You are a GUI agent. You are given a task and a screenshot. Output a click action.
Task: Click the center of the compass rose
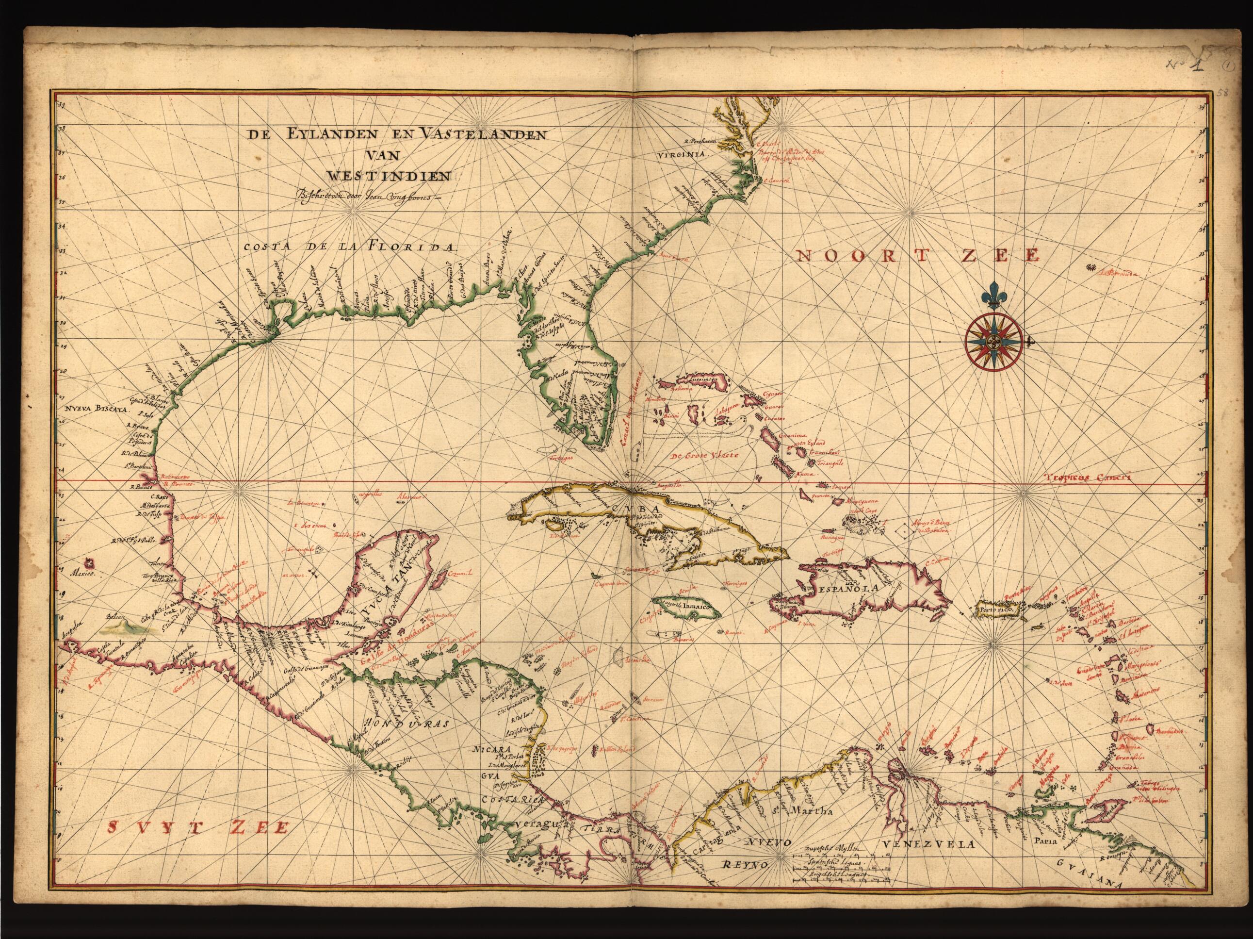(x=993, y=341)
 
